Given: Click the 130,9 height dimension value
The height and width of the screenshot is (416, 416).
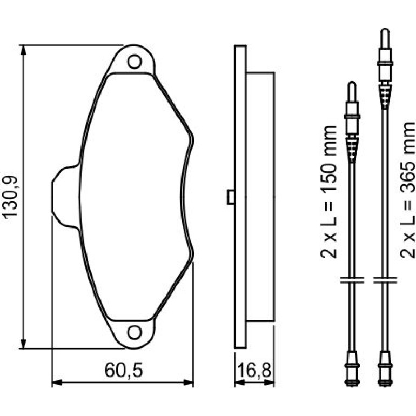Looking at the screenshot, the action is click(x=10, y=197).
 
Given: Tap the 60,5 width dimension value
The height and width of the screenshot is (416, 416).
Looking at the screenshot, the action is click(x=124, y=371).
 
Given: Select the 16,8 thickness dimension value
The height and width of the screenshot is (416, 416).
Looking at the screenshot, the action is click(x=254, y=371).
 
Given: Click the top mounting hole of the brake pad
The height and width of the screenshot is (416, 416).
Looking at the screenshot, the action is click(x=134, y=62).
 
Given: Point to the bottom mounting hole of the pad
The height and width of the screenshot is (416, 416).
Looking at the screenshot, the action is click(x=134, y=332).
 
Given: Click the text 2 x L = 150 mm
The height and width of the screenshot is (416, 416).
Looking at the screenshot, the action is click(x=328, y=193).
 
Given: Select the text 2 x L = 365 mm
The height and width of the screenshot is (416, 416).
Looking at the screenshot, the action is click(x=408, y=190).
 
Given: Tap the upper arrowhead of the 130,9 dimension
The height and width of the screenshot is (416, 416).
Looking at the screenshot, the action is click(x=23, y=50).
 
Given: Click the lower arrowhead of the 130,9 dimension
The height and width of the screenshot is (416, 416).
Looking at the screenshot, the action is click(x=23, y=344).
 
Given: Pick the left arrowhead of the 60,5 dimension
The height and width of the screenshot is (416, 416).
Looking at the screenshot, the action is click(x=57, y=383).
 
